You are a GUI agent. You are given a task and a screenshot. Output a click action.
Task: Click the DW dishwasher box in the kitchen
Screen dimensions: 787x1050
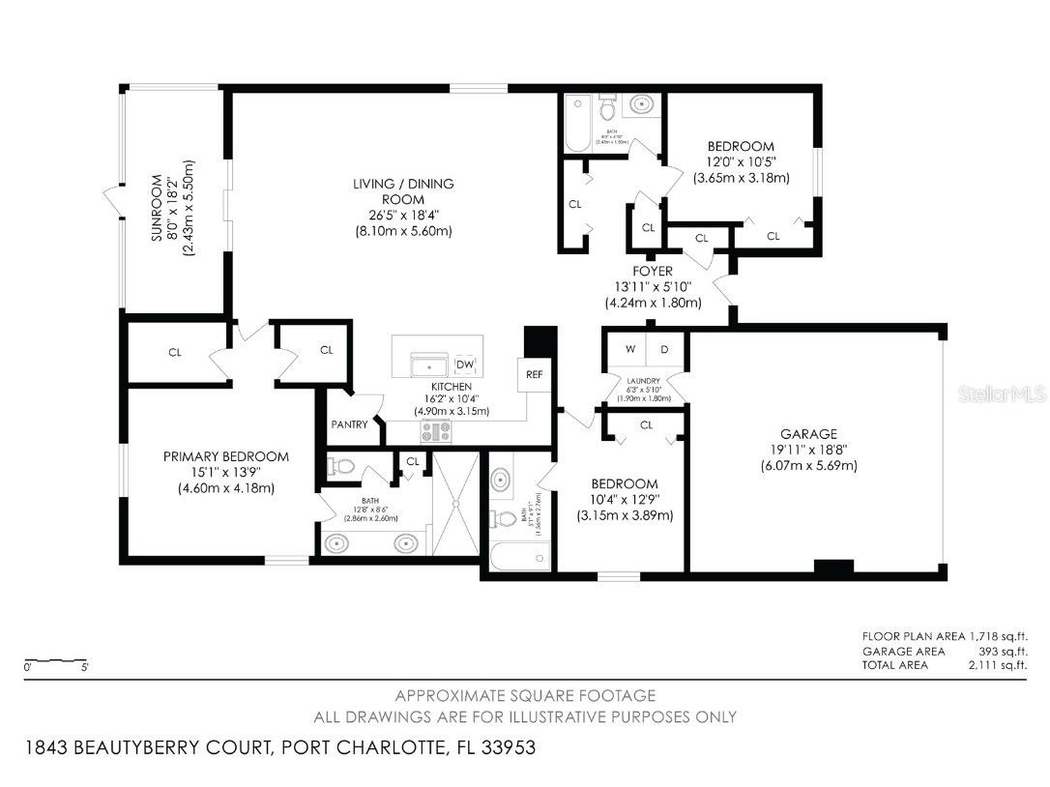pos(465,364)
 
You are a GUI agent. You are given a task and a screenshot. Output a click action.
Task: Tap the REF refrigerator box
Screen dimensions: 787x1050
pos(534,374)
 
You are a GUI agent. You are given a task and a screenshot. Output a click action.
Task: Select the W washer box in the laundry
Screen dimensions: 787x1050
pos(628,349)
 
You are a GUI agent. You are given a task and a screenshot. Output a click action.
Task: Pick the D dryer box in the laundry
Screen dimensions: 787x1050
pos(664,349)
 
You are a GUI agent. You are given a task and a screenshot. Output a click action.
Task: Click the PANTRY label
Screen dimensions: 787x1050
pos(348,423)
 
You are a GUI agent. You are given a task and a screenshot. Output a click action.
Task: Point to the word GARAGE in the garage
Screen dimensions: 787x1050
pos(808,434)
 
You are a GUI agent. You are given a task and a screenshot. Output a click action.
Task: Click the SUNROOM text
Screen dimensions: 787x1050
pos(171,208)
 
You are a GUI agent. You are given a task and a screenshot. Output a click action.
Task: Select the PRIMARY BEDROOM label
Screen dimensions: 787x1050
pos(225,456)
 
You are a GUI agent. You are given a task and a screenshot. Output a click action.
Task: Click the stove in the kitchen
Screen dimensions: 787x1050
pos(435,432)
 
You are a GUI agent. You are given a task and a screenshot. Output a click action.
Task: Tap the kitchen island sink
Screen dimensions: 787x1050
pos(426,366)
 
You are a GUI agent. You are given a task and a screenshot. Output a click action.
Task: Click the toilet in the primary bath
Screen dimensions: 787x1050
pos(340,467)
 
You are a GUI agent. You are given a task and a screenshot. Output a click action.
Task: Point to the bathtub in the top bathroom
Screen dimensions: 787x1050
pos(577,123)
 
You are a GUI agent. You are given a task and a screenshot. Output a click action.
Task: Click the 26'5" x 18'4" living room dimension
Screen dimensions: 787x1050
pos(403,215)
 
